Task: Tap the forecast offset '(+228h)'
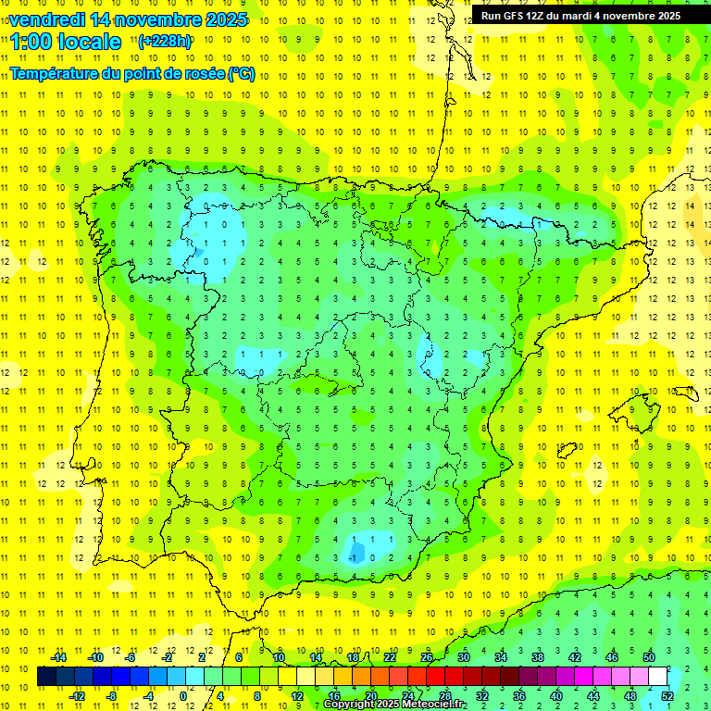(164, 41)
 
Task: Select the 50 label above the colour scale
(648, 657)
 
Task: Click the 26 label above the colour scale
(427, 657)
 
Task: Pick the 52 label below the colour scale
(667, 696)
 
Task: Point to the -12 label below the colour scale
(77, 696)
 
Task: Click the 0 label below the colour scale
(184, 696)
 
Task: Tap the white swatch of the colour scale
(658, 677)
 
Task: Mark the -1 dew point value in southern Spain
(354, 557)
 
